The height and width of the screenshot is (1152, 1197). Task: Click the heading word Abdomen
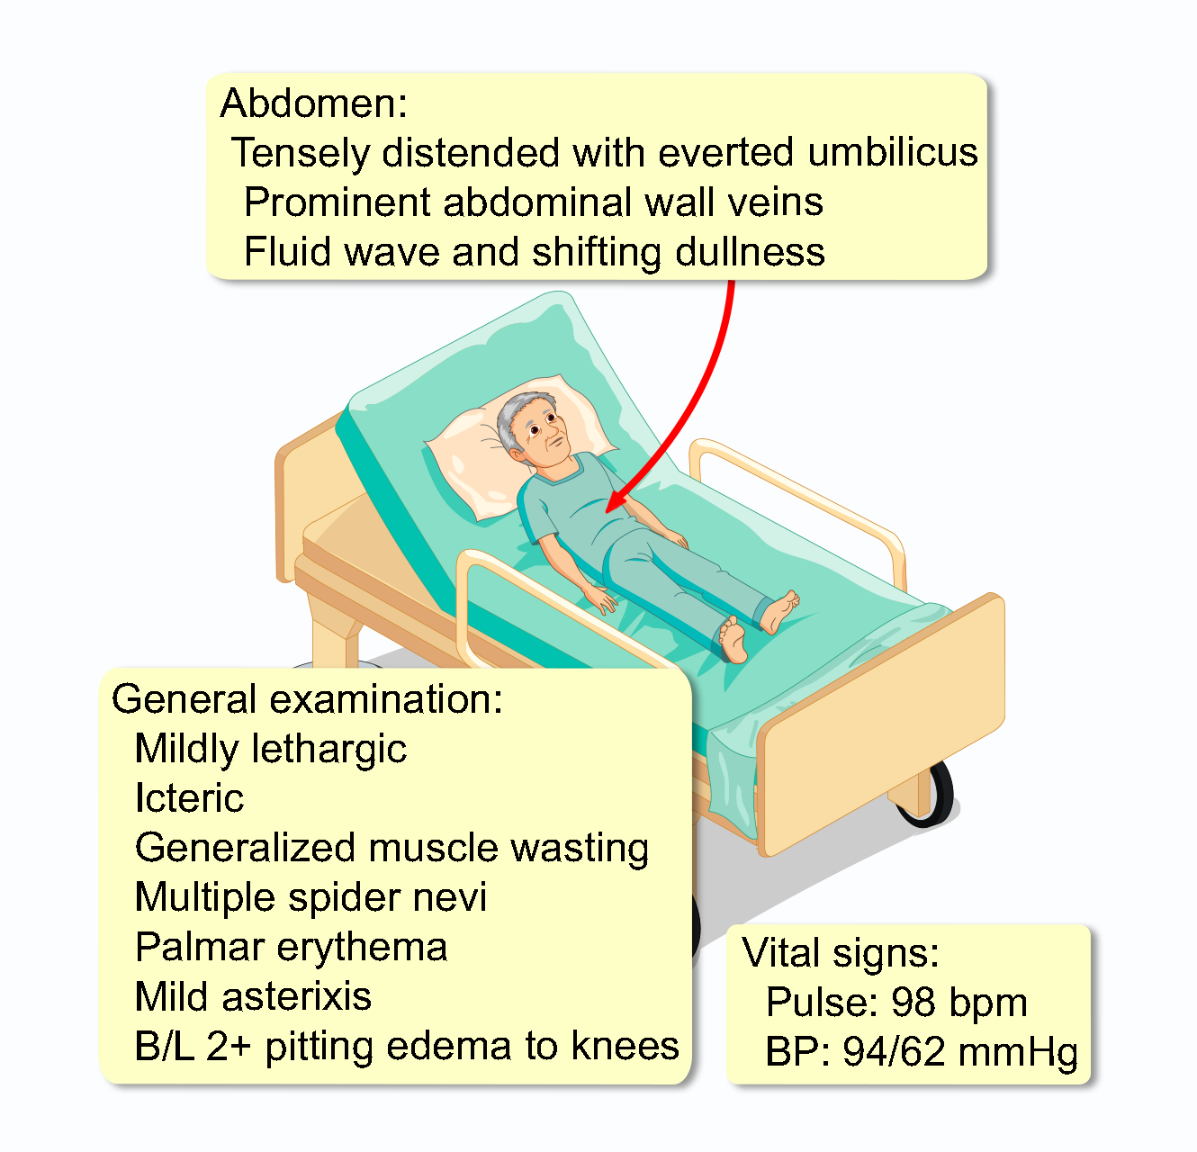coord(312,103)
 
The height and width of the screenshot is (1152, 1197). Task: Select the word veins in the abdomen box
coord(776,202)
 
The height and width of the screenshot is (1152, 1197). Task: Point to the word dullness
coord(750,252)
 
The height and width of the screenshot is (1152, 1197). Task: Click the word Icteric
coord(189,798)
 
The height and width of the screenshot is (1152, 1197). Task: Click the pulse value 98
coord(912,1003)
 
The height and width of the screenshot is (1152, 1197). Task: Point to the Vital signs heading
coord(841,953)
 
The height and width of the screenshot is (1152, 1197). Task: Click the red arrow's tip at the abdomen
coord(609,510)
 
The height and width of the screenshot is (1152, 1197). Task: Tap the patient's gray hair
coord(516,418)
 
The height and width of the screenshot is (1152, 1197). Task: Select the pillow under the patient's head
coord(468,459)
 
